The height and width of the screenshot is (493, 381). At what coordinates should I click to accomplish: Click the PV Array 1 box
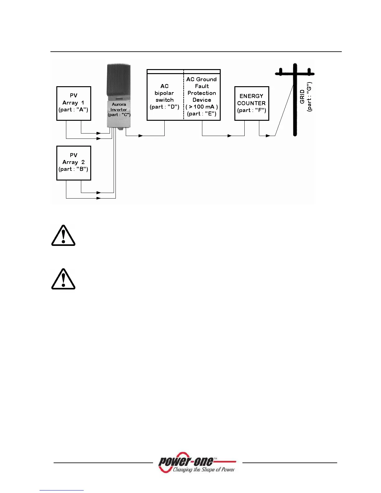pos(73,103)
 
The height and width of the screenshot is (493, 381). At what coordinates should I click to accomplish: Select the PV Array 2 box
pos(73,163)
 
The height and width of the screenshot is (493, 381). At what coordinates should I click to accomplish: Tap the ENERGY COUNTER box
pos(252,103)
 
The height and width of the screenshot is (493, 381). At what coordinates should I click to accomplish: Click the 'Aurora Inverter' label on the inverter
pos(119,107)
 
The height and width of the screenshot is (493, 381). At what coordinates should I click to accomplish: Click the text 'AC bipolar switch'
pos(164,93)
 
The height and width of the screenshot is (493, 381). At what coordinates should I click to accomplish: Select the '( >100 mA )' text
pos(202,107)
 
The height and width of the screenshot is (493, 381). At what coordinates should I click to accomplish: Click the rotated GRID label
pos(302,97)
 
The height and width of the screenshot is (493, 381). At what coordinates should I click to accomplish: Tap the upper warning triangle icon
pos(63,236)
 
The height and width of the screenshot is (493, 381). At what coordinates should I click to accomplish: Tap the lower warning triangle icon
pos(63,279)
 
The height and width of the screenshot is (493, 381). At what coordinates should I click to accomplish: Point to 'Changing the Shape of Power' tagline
pos(204,470)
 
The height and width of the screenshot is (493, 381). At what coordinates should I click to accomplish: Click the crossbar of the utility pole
pos(294,74)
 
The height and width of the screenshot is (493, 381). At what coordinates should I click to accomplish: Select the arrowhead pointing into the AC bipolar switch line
pos(141,136)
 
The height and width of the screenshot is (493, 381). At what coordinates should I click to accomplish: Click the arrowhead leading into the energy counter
pos(229,136)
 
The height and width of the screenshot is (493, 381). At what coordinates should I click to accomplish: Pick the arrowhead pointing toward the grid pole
pos(268,136)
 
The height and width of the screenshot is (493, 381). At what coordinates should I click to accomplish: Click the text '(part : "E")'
pos(202,114)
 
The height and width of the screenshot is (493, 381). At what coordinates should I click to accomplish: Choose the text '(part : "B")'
pos(73,169)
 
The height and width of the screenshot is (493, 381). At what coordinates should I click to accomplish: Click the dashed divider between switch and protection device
pos(184,96)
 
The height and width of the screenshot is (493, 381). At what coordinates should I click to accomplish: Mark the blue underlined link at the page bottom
pos(62,490)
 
